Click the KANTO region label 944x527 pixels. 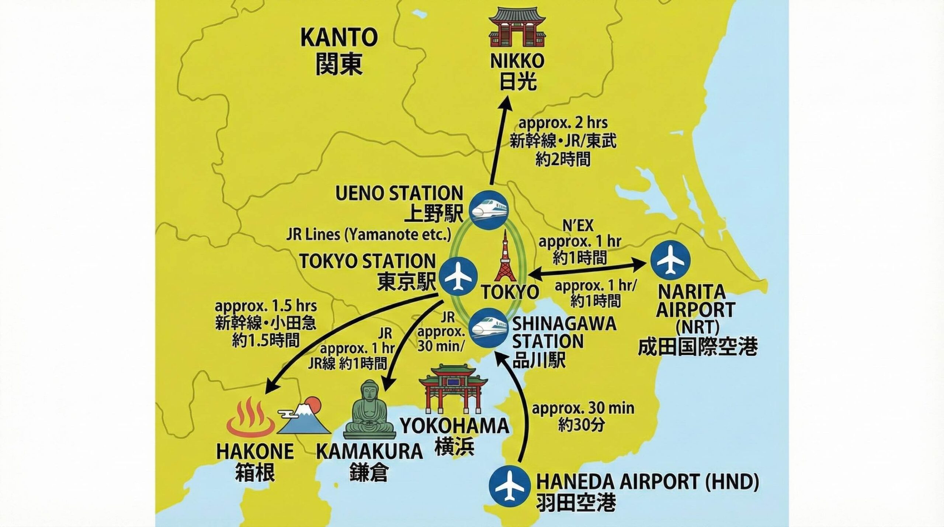[339, 38]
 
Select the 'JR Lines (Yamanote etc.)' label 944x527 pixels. [369, 235]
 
